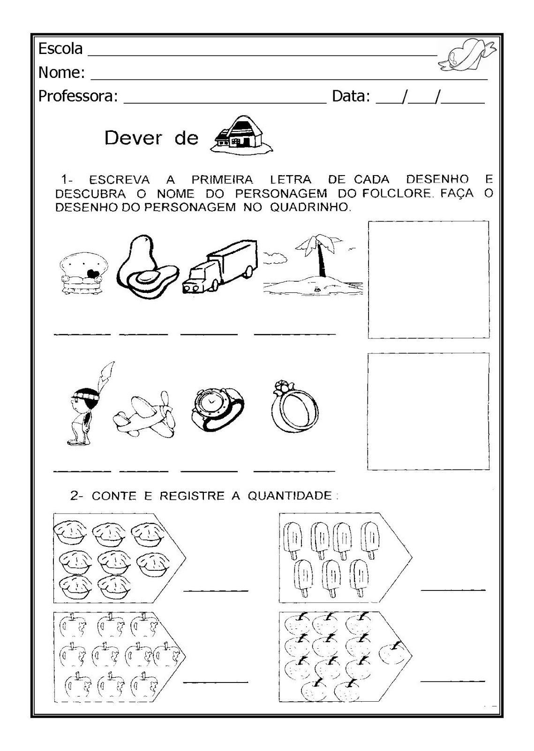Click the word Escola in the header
[x=60, y=49]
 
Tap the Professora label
[x=77, y=96]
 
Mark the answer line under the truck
[x=209, y=334]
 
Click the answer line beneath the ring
[x=294, y=469]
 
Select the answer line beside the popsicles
[x=453, y=589]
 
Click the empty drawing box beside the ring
[x=428, y=411]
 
